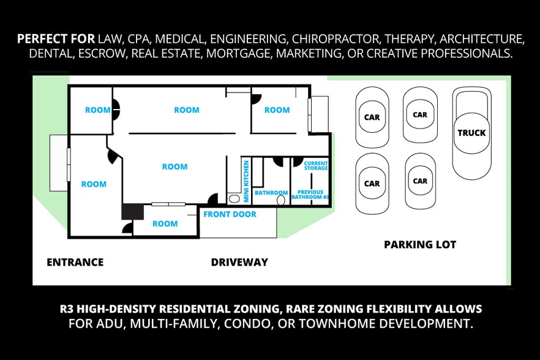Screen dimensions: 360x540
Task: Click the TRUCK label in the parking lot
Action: (x=471, y=133)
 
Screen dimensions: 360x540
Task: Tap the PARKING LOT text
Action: (x=420, y=244)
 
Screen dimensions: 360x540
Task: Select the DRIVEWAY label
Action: (x=239, y=262)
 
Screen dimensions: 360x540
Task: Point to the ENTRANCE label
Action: (x=75, y=262)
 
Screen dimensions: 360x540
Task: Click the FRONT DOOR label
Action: (x=230, y=214)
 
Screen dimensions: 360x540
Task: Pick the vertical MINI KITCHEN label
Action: (x=246, y=181)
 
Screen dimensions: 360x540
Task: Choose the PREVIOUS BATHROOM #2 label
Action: (x=310, y=195)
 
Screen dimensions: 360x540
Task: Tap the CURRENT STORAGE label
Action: (x=316, y=165)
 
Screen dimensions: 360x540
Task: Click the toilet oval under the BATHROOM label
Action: (x=282, y=200)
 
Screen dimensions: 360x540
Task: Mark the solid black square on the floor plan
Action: (x=132, y=211)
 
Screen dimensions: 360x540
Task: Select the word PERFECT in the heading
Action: (x=40, y=39)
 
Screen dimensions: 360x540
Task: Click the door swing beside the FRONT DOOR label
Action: (x=213, y=199)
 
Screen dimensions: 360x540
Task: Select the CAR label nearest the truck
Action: (x=420, y=114)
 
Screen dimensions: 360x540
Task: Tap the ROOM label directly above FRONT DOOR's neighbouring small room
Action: (x=174, y=167)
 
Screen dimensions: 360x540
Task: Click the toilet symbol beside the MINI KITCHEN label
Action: (x=233, y=199)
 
